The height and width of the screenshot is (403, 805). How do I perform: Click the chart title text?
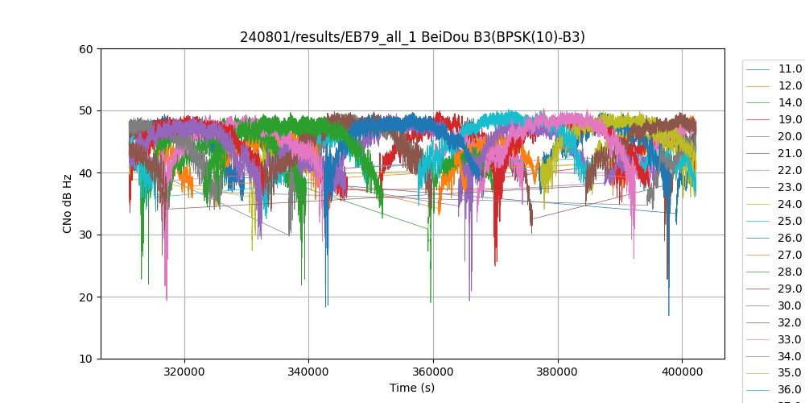coord(412,37)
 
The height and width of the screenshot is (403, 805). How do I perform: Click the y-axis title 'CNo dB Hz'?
coord(68,204)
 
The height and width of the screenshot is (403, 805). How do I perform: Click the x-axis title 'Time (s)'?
coord(412,388)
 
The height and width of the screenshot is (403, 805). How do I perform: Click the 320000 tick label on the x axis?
coord(184,372)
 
